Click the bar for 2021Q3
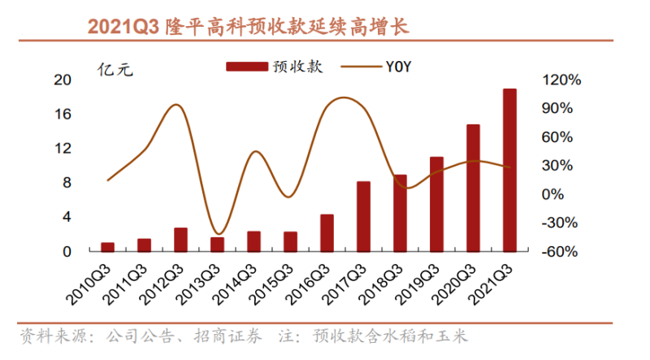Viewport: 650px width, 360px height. coord(509,170)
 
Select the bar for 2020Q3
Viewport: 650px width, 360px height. coord(473,188)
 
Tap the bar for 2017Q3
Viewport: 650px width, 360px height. coord(363,216)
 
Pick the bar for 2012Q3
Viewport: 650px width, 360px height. coord(180,240)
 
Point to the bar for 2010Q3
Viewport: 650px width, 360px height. coord(107,247)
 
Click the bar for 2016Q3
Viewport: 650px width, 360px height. coord(327,233)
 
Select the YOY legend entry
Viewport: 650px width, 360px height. coord(377,67)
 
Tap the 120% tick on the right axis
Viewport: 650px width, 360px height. coord(561,80)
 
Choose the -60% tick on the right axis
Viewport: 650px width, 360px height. coord(561,252)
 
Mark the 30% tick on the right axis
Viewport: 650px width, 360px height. coord(561,166)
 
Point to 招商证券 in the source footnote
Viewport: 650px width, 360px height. coord(223,336)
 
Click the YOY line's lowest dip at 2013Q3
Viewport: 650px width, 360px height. coord(216,234)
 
